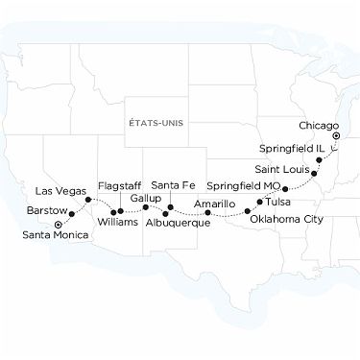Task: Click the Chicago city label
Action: point(319,126)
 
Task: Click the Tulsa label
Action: point(276,203)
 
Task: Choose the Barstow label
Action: point(46,208)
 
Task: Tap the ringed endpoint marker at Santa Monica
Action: point(59,224)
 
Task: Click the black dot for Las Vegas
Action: point(88,200)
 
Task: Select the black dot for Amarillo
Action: point(207,212)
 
